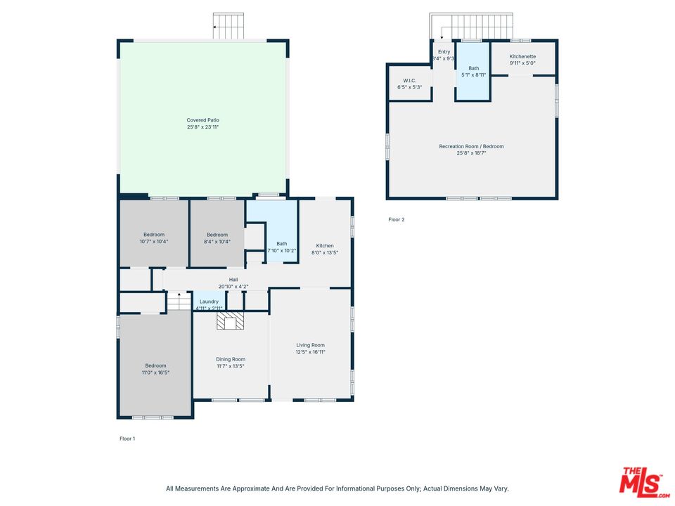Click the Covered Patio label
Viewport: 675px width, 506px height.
pyautogui.click(x=202, y=120)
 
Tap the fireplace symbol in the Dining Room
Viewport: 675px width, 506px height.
pyautogui.click(x=230, y=321)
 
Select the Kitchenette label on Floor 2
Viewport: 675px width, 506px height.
pyautogui.click(x=522, y=56)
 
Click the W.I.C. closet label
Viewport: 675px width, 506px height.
pyautogui.click(x=410, y=81)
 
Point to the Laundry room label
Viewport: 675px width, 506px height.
pyautogui.click(x=209, y=301)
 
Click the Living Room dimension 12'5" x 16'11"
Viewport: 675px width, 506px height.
pyautogui.click(x=310, y=352)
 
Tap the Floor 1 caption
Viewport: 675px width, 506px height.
pyautogui.click(x=127, y=439)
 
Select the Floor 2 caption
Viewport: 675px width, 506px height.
pyautogui.click(x=397, y=219)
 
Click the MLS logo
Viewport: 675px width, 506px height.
pyautogui.click(x=641, y=482)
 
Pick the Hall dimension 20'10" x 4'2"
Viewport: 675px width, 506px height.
pyautogui.click(x=233, y=286)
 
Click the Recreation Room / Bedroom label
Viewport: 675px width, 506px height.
pyautogui.click(x=471, y=146)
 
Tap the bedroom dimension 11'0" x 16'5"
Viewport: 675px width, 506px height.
pyautogui.click(x=155, y=372)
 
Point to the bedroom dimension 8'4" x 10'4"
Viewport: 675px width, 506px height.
pyautogui.click(x=217, y=241)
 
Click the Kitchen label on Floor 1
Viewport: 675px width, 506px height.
pyautogui.click(x=325, y=246)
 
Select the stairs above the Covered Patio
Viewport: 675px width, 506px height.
pyautogui.click(x=229, y=26)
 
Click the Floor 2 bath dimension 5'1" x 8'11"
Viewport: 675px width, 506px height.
pyautogui.click(x=473, y=74)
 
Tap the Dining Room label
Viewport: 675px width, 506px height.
pyautogui.click(x=230, y=359)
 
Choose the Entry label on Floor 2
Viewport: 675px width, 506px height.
pyautogui.click(x=444, y=52)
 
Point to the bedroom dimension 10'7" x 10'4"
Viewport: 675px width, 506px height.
pyautogui.click(x=154, y=241)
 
